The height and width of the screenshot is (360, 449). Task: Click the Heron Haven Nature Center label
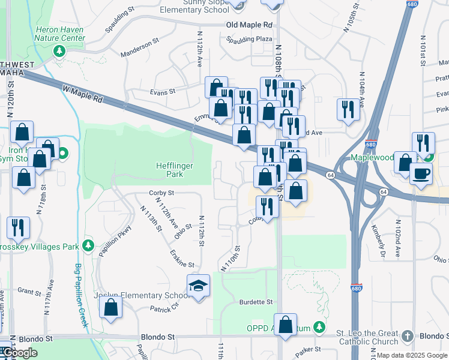point(60,33)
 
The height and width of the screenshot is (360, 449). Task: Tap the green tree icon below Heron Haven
point(59,51)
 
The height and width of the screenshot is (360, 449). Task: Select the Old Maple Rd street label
point(249,25)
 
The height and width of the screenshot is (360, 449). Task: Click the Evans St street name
point(162,92)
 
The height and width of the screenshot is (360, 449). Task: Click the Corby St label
point(161,193)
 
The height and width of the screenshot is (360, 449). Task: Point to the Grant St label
point(28,291)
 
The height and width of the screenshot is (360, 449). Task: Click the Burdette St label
point(256,302)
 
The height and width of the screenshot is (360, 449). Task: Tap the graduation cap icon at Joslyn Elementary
point(198,286)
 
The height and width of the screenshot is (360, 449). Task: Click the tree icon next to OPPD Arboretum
point(321,327)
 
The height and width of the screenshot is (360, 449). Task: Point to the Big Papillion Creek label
point(82,295)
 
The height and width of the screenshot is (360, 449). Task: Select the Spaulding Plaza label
point(249,39)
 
